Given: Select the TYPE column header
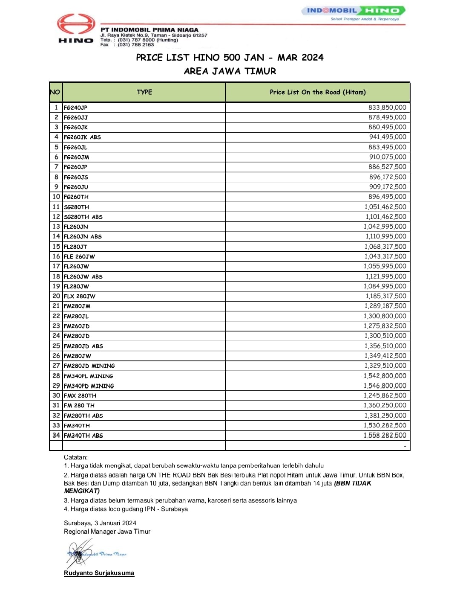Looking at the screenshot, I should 144,92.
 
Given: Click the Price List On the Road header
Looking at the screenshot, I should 317,92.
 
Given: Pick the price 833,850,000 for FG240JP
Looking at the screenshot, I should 387,108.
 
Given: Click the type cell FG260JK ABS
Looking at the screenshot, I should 82,137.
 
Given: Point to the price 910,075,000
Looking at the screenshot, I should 387,157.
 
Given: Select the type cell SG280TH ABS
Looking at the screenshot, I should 83,217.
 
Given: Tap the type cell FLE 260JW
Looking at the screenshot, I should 79,256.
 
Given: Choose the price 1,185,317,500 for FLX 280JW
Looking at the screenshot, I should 385,296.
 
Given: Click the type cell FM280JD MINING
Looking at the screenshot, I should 89,366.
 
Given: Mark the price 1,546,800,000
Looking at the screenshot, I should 385,386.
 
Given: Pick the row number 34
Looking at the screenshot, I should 56,435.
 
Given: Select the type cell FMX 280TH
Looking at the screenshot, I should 80,395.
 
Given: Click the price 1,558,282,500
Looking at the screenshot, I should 385,435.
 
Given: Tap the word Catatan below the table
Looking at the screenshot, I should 76,457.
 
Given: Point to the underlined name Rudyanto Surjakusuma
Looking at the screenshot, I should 99,573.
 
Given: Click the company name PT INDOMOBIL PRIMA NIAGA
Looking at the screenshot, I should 149,30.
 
